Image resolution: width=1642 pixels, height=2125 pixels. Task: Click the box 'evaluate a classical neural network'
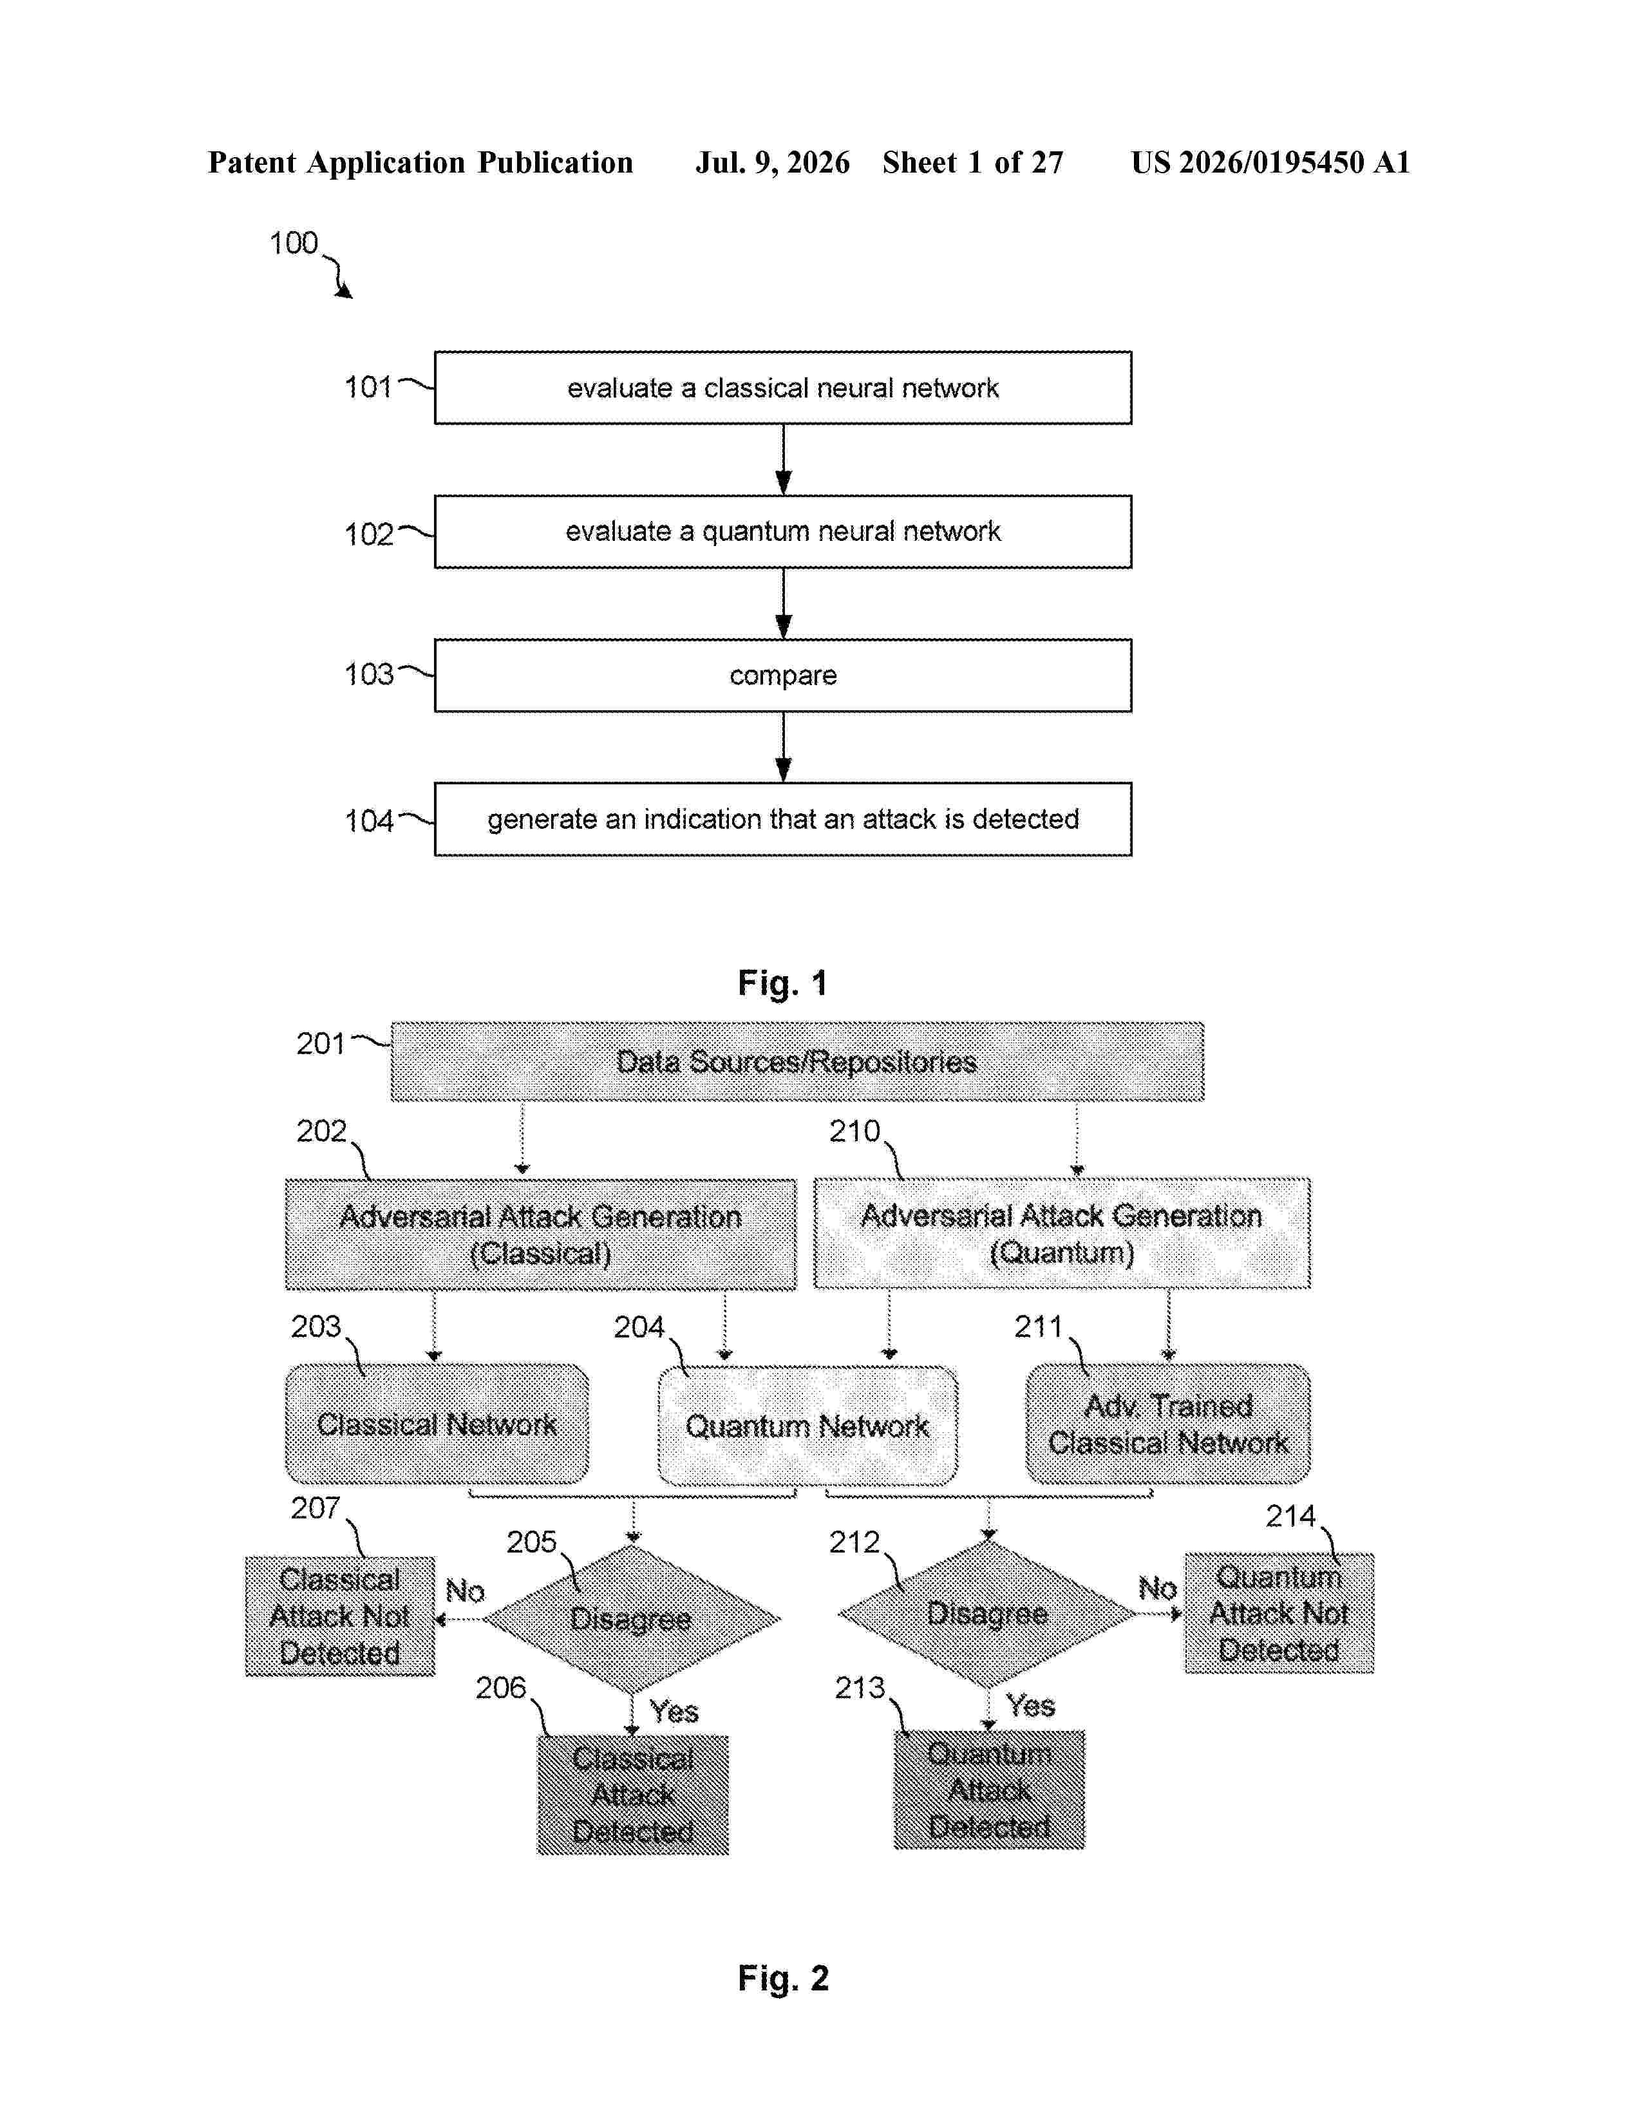click(782, 387)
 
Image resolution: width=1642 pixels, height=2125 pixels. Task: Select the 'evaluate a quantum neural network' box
click(782, 531)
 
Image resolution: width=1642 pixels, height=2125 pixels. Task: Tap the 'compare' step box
click(782, 675)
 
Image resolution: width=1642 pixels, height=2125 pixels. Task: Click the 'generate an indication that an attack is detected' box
click(782, 819)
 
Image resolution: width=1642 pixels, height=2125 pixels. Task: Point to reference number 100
click(293, 243)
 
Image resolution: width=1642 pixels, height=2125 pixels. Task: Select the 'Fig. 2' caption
click(782, 1978)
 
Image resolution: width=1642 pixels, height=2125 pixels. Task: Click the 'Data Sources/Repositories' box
click(797, 1061)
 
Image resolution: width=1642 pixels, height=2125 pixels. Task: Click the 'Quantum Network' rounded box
click(807, 1426)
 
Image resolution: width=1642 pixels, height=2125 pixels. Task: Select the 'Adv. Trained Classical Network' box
click(1167, 1424)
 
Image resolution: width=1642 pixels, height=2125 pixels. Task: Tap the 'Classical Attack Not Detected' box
click(339, 1616)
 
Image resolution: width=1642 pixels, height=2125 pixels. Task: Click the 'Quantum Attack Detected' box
click(989, 1790)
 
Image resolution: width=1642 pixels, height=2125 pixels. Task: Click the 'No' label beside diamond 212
click(1158, 1589)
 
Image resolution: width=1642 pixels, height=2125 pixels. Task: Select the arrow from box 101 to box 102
click(783, 459)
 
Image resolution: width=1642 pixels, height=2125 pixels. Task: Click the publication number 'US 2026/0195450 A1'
click(1270, 162)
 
